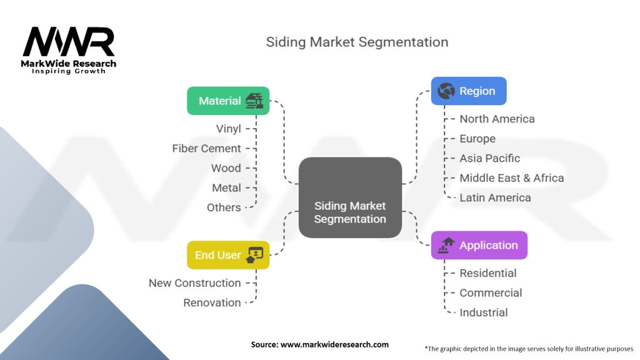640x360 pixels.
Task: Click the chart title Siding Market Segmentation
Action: (357, 42)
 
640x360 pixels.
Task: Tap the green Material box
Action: (228, 101)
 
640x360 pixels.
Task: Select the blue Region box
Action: (469, 91)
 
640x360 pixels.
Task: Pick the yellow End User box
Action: (228, 255)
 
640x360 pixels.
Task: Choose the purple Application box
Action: (479, 245)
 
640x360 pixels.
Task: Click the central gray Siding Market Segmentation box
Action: (350, 197)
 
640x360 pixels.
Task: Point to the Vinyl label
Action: (228, 129)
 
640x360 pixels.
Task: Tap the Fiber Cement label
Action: (206, 148)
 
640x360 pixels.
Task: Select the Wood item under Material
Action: (226, 168)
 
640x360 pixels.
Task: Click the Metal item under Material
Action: (226, 187)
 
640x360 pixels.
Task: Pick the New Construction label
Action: (194, 283)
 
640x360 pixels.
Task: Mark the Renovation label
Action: (212, 302)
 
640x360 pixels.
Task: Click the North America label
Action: (497, 119)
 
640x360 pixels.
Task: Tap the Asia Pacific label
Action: (489, 158)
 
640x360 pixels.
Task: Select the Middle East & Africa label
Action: (511, 178)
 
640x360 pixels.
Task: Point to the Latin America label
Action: (495, 197)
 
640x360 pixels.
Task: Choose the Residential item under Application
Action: (487, 273)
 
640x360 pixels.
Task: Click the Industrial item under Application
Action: (483, 312)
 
